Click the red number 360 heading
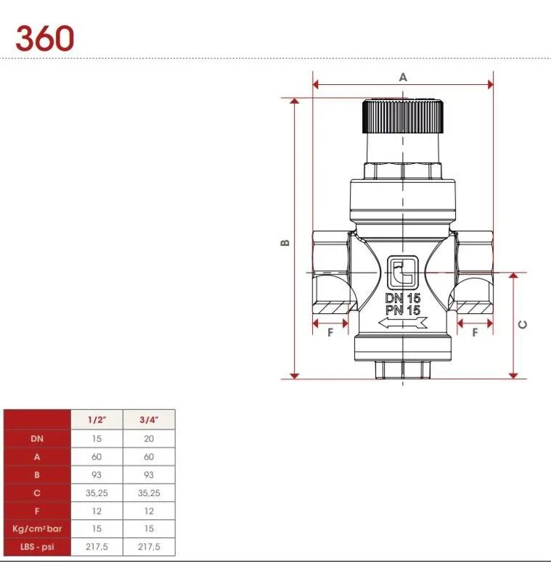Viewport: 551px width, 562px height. point(45,38)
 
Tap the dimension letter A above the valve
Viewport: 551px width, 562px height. point(403,77)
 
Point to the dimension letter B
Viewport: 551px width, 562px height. point(285,243)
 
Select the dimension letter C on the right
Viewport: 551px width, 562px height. point(523,324)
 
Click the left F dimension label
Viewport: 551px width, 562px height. point(330,333)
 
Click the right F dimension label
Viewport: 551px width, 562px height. point(475,333)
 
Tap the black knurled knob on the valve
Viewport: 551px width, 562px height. point(402,117)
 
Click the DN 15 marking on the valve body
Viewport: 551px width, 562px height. point(402,298)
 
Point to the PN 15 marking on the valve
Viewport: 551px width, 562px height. point(402,310)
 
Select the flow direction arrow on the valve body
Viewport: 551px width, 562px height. point(402,323)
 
